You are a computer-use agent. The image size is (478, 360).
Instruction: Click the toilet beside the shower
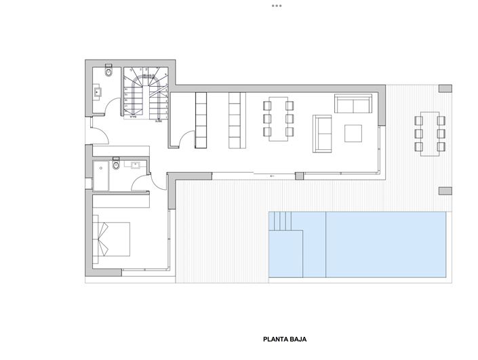[117, 165]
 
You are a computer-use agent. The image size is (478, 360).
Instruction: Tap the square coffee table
[354, 132]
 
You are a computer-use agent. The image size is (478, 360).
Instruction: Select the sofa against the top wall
[353, 104]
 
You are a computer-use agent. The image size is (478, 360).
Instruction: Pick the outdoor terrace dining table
[429, 131]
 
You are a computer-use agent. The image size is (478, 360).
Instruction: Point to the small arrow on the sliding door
[271, 176]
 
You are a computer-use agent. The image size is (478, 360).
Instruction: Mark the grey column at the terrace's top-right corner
[445, 89]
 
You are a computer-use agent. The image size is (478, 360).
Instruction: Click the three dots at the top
[277, 5]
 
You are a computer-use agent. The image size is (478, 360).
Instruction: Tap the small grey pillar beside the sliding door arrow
[298, 176]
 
